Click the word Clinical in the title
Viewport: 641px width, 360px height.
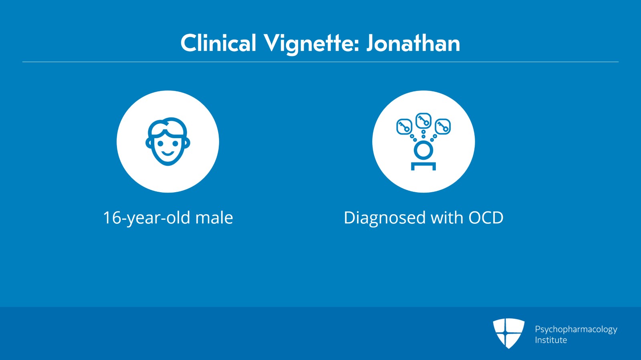[x=218, y=43]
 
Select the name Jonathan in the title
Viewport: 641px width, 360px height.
[x=413, y=43]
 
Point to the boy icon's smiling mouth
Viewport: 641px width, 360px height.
[x=167, y=153]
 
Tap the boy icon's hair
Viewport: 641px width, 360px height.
[x=167, y=125]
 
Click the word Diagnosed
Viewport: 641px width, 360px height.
[x=384, y=218]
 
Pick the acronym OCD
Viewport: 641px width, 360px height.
[x=486, y=218]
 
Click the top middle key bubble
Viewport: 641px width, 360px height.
[x=423, y=120]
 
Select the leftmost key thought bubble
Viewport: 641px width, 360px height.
[x=404, y=127]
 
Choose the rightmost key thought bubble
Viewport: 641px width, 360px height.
[x=443, y=127]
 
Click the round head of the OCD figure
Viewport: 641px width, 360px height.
[x=423, y=151]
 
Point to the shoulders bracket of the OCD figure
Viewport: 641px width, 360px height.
[x=423, y=165]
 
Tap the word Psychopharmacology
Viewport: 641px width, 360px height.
[x=576, y=329]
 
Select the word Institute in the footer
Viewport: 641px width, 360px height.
[x=551, y=340]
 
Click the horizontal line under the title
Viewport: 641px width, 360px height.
[x=320, y=62]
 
